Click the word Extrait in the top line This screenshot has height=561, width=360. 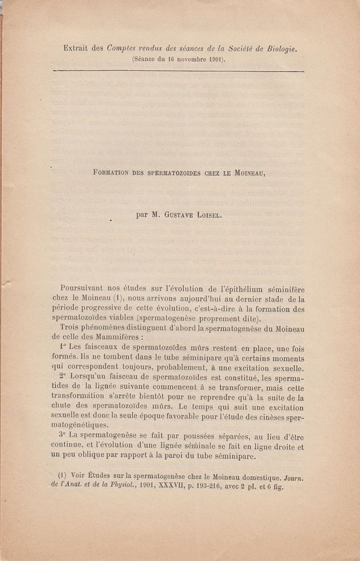76,48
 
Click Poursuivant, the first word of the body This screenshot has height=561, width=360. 84,288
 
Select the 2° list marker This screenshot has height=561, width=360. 60,377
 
